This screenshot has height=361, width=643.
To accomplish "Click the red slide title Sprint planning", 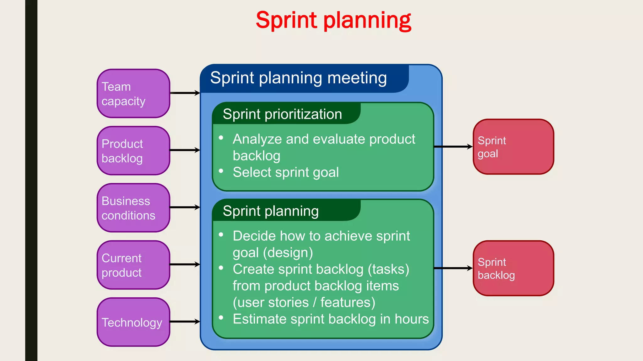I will [x=333, y=20].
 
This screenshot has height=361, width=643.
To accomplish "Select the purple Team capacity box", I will [x=133, y=93].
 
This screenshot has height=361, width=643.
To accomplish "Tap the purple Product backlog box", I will [x=133, y=151].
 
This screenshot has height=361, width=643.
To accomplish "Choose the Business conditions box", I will [x=133, y=208].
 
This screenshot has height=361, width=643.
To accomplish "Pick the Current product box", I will [x=133, y=265].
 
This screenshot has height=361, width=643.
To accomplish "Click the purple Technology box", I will [x=133, y=322].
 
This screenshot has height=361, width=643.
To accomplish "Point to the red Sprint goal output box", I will [x=513, y=147].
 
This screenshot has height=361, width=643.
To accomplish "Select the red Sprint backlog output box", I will [x=513, y=268].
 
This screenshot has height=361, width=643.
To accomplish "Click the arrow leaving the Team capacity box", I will [x=185, y=93].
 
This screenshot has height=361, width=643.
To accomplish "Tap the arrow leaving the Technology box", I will [x=185, y=322].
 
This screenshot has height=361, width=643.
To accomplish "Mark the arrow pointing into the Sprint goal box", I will [x=453, y=147].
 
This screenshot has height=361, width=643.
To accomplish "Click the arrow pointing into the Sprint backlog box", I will [x=453, y=268].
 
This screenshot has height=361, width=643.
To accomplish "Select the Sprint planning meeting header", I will [x=298, y=78].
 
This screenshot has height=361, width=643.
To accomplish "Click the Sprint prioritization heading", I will [x=282, y=114].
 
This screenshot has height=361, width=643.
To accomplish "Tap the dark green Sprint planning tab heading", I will [x=271, y=211].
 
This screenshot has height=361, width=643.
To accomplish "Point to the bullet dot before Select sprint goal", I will [x=221, y=171].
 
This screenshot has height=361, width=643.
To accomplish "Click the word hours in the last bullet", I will [x=412, y=319].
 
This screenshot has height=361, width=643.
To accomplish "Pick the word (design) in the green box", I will [x=288, y=253].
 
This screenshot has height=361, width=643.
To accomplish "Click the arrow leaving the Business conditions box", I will [x=185, y=207].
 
